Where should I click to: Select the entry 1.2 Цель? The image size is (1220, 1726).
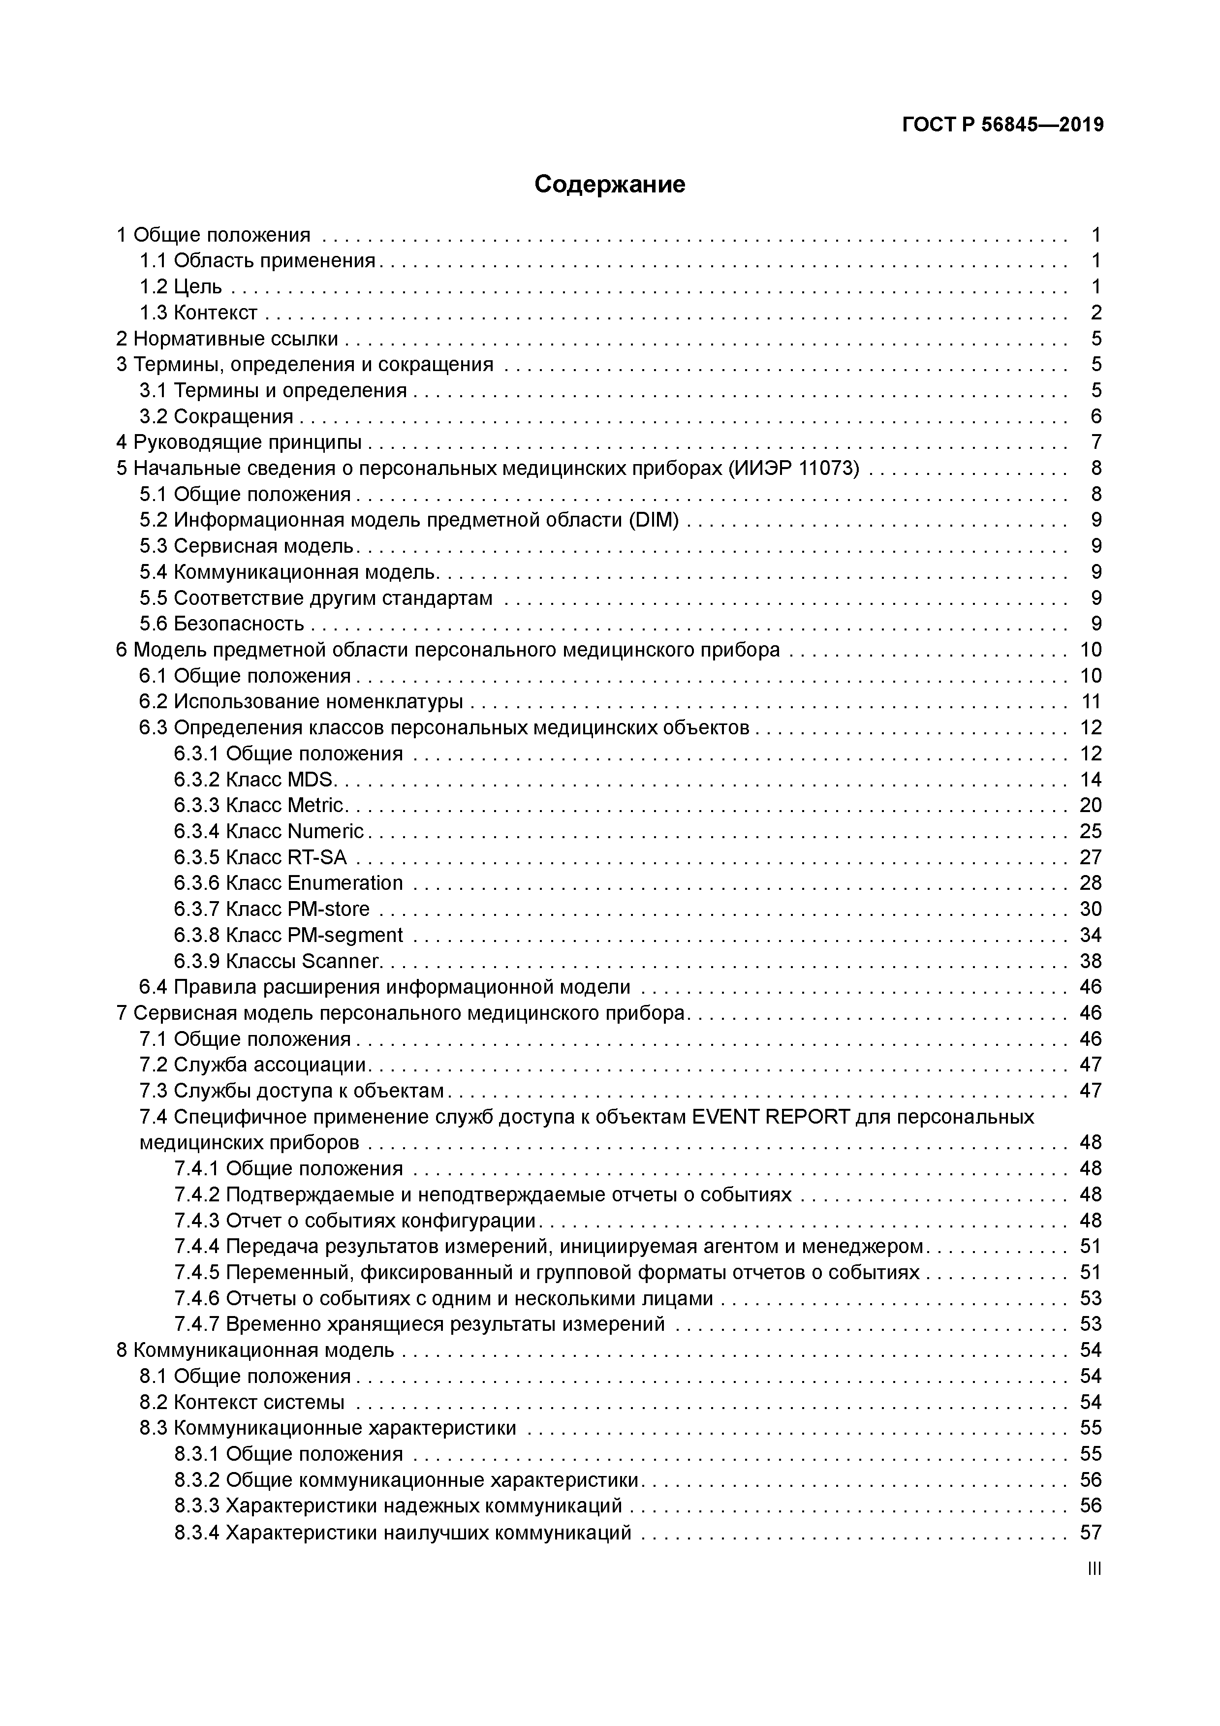(x=181, y=286)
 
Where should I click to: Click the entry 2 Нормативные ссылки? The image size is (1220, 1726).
(x=227, y=338)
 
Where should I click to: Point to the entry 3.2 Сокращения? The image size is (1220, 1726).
(x=217, y=416)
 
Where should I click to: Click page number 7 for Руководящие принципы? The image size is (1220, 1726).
(x=1096, y=442)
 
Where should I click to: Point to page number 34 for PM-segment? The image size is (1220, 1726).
(x=1090, y=935)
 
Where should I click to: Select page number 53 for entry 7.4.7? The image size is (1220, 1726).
(x=1090, y=1324)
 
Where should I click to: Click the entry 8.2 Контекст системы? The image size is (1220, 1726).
(x=242, y=1402)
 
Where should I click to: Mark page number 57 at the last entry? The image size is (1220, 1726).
(x=1090, y=1532)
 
